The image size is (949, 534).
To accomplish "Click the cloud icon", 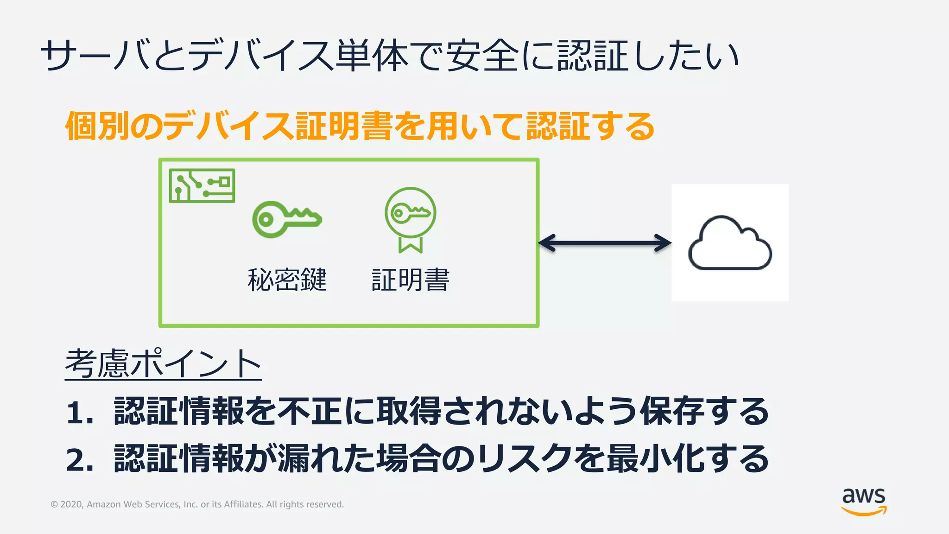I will point(730,243).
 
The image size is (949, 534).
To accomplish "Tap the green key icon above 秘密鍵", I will point(287,219).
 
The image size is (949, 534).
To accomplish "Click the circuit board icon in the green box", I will point(202,186).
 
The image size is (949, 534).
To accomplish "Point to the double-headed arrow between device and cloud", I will point(605,242).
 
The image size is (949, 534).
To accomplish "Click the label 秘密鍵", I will point(287,280).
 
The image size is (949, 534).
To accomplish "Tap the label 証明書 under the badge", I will point(411,280).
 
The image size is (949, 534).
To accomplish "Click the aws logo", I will point(864,501).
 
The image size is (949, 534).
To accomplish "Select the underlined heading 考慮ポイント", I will point(163,364).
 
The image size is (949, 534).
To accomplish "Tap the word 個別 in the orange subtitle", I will point(97,127).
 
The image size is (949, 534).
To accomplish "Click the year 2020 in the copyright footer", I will point(71,504).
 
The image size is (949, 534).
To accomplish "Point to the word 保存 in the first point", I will point(672,412).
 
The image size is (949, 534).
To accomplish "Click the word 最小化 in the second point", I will point(656,459).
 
